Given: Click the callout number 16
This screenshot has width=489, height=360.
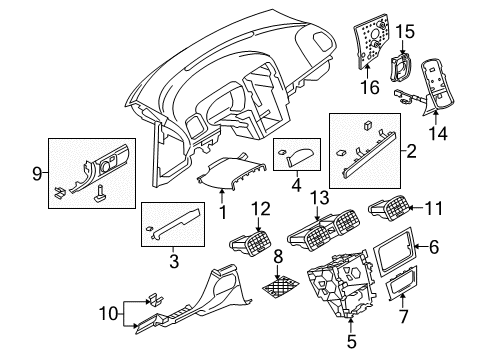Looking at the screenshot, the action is pyautogui.click(x=370, y=87).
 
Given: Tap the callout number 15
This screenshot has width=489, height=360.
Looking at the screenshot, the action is pyautogui.click(x=405, y=32).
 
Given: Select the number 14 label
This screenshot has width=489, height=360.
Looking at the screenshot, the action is pyautogui.click(x=438, y=133).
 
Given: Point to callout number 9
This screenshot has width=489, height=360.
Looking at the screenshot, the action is pyautogui.click(x=37, y=174).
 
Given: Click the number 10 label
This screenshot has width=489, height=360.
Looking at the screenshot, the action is pyautogui.click(x=109, y=314).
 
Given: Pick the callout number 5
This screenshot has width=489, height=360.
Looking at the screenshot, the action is pyautogui.click(x=352, y=341).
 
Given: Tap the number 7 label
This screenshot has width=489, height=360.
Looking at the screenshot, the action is pyautogui.click(x=403, y=316).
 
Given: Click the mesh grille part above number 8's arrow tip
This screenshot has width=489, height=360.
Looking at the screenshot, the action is pyautogui.click(x=280, y=287).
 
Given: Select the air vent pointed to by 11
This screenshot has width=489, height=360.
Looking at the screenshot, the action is pyautogui.click(x=388, y=207).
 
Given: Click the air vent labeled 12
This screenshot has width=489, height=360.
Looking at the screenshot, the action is pyautogui.click(x=250, y=244).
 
